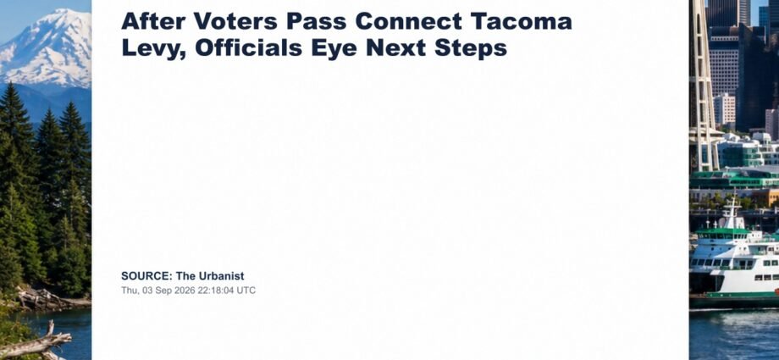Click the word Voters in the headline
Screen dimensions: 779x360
click(236, 21)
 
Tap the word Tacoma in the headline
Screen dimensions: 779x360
click(521, 21)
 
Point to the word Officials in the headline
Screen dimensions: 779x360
click(248, 47)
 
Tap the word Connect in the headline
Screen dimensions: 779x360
click(408, 21)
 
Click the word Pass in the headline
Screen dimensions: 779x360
click(317, 21)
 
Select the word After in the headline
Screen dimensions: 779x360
click(153, 21)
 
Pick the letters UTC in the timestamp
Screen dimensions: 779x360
click(246, 291)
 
